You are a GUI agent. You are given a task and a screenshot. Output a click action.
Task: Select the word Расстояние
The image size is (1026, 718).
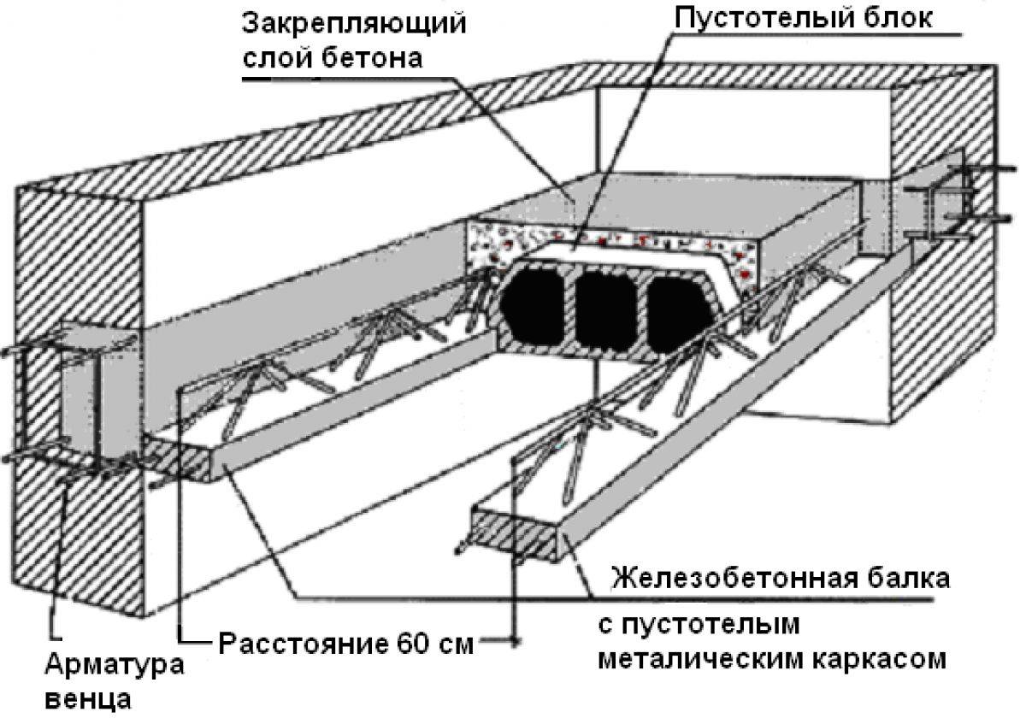coord(290,642)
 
